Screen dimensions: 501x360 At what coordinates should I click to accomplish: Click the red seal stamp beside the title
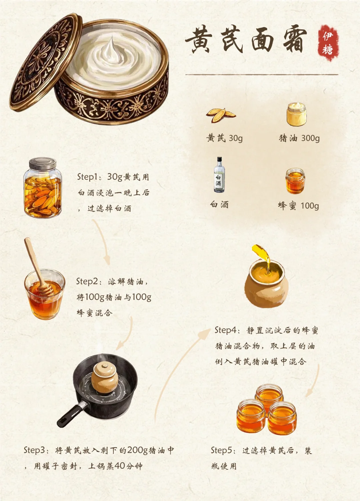tap(328, 43)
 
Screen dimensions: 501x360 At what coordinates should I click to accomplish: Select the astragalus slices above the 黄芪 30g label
tap(221, 115)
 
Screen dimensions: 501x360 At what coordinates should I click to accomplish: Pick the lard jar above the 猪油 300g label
tap(296, 114)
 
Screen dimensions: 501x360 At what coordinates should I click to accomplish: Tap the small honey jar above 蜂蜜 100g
tap(295, 181)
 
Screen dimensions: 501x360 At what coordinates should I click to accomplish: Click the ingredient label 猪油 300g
tap(299, 138)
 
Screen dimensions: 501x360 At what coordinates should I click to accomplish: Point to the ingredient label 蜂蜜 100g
tap(298, 206)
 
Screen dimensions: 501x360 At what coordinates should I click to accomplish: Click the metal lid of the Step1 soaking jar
tap(43, 164)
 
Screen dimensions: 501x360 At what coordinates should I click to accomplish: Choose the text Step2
tap(87, 281)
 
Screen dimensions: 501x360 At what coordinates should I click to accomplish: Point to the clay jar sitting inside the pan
tap(104, 377)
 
